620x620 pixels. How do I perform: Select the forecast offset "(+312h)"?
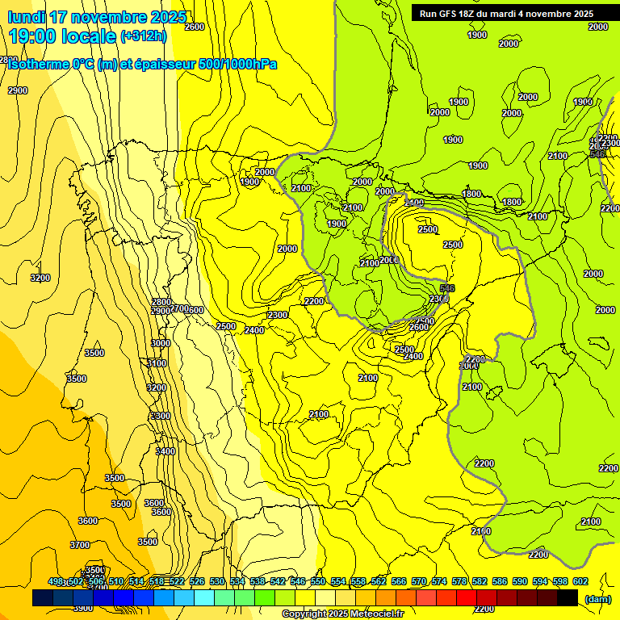pyautogui.click(x=143, y=36)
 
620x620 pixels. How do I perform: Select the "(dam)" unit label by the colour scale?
pyautogui.click(x=597, y=599)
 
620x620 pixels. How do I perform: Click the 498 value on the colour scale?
pyautogui.click(x=57, y=582)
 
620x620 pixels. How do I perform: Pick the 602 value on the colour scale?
pyautogui.click(x=580, y=582)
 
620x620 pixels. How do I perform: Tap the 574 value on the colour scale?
pyautogui.click(x=439, y=582)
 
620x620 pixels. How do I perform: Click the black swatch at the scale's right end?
pyautogui.click(x=568, y=598)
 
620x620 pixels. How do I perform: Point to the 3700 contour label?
pyautogui.click(x=80, y=545)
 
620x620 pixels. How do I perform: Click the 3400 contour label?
pyautogui.click(x=165, y=451)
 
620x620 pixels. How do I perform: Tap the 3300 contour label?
pyautogui.click(x=161, y=416)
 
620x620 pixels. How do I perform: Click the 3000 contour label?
pyautogui.click(x=161, y=343)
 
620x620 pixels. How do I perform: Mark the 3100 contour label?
pyautogui.click(x=157, y=363)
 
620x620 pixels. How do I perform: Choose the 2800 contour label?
pyautogui.click(x=161, y=302)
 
